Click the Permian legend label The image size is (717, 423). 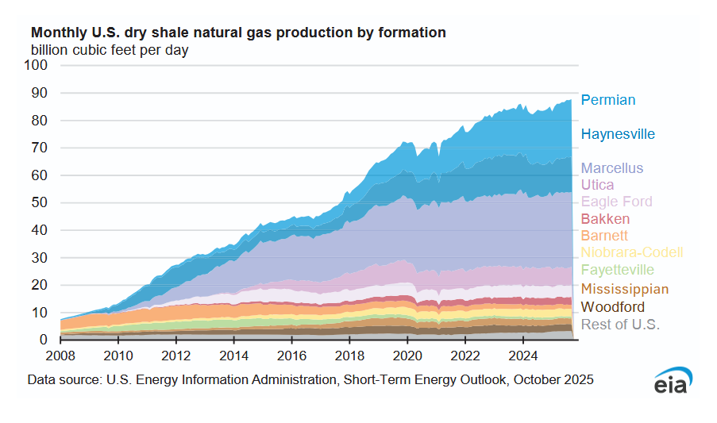[608, 100]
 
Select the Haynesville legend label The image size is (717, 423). [618, 134]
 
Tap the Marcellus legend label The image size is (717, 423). [612, 168]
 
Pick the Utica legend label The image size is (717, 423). [597, 185]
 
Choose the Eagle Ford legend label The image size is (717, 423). [616, 202]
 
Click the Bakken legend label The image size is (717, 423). [605, 218]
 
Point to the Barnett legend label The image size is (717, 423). [604, 236]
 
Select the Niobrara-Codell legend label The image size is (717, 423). [632, 253]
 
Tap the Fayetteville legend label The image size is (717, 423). [618, 271]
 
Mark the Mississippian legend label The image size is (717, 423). [625, 289]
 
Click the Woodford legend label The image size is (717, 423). [613, 306]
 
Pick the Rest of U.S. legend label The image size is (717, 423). [620, 324]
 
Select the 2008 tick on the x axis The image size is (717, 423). [61, 354]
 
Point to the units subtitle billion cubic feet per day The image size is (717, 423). [110, 50]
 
